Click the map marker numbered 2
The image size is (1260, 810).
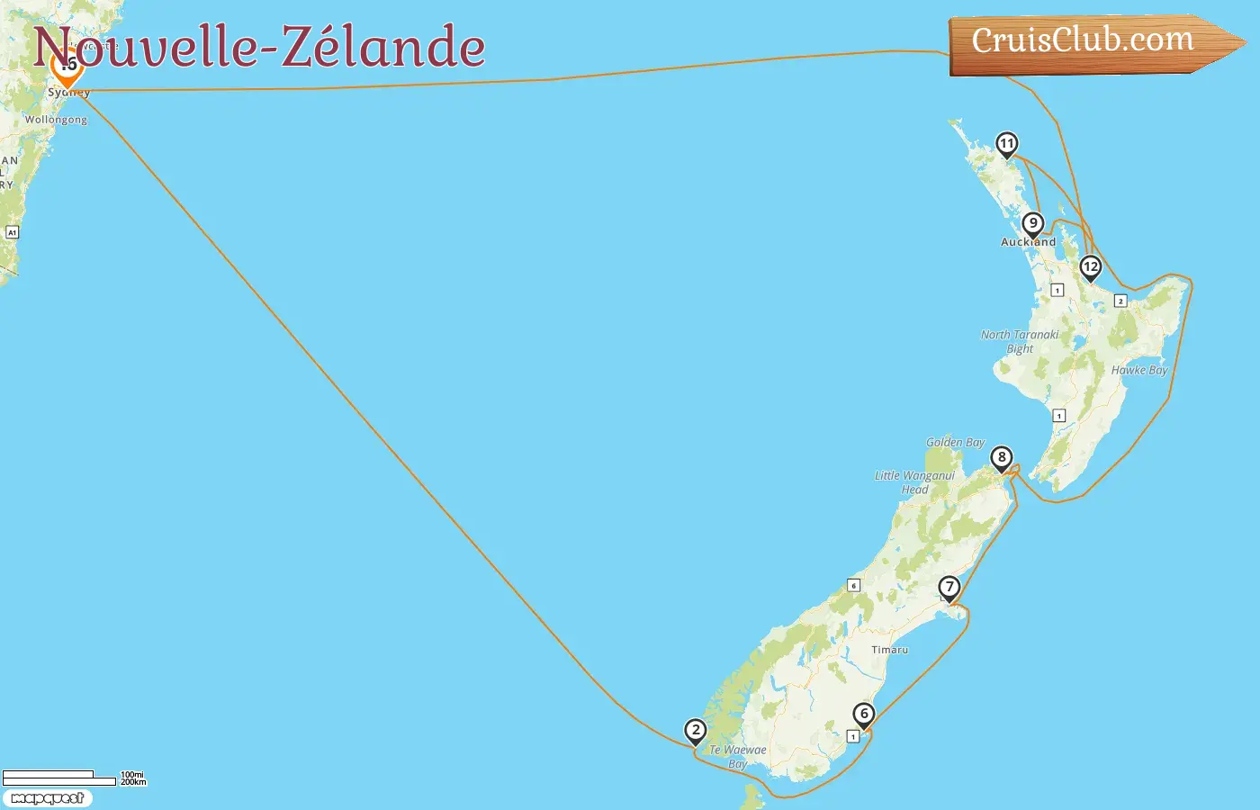(x=695, y=731)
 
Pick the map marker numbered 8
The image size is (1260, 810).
(x=1001, y=458)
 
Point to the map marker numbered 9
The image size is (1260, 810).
(x=1032, y=224)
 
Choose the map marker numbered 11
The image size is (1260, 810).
(x=1006, y=144)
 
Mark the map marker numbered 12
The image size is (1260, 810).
(x=1090, y=267)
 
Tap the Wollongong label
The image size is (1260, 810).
(x=56, y=120)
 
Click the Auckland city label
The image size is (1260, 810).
(x=1028, y=242)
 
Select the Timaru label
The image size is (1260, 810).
(x=889, y=650)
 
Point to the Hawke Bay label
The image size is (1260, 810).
(x=1138, y=370)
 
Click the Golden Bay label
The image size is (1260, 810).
(x=955, y=442)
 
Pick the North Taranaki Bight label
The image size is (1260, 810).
(x=1020, y=341)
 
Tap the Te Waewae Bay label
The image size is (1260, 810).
(x=738, y=756)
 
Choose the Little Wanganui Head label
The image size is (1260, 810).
(x=914, y=482)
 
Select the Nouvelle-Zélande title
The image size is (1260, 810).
(x=259, y=47)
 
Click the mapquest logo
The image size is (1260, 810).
(x=47, y=798)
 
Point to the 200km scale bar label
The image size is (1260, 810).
(x=133, y=782)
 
